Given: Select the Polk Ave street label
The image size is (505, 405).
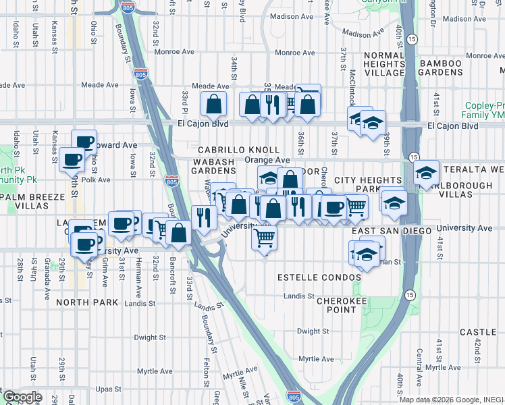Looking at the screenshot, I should point(95,180).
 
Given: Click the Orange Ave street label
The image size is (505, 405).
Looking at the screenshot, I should point(267,160).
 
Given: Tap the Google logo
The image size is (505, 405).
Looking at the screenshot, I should point(22,397).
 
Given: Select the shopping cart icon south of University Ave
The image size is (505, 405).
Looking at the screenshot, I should point(264,237).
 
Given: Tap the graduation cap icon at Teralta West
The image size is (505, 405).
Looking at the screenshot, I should point(426,173).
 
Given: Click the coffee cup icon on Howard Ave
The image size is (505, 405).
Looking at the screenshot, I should point(84,142).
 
